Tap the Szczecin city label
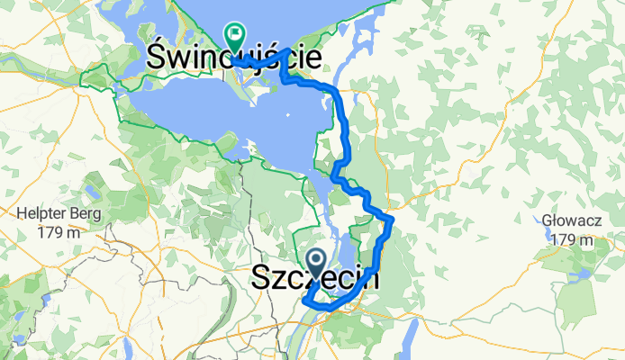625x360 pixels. (x=314, y=280)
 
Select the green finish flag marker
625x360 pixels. (x=235, y=37)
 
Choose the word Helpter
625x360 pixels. (x=41, y=214)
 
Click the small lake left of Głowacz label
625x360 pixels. (x=547, y=231)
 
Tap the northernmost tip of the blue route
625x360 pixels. (x=286, y=50)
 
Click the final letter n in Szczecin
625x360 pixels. (x=370, y=280)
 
